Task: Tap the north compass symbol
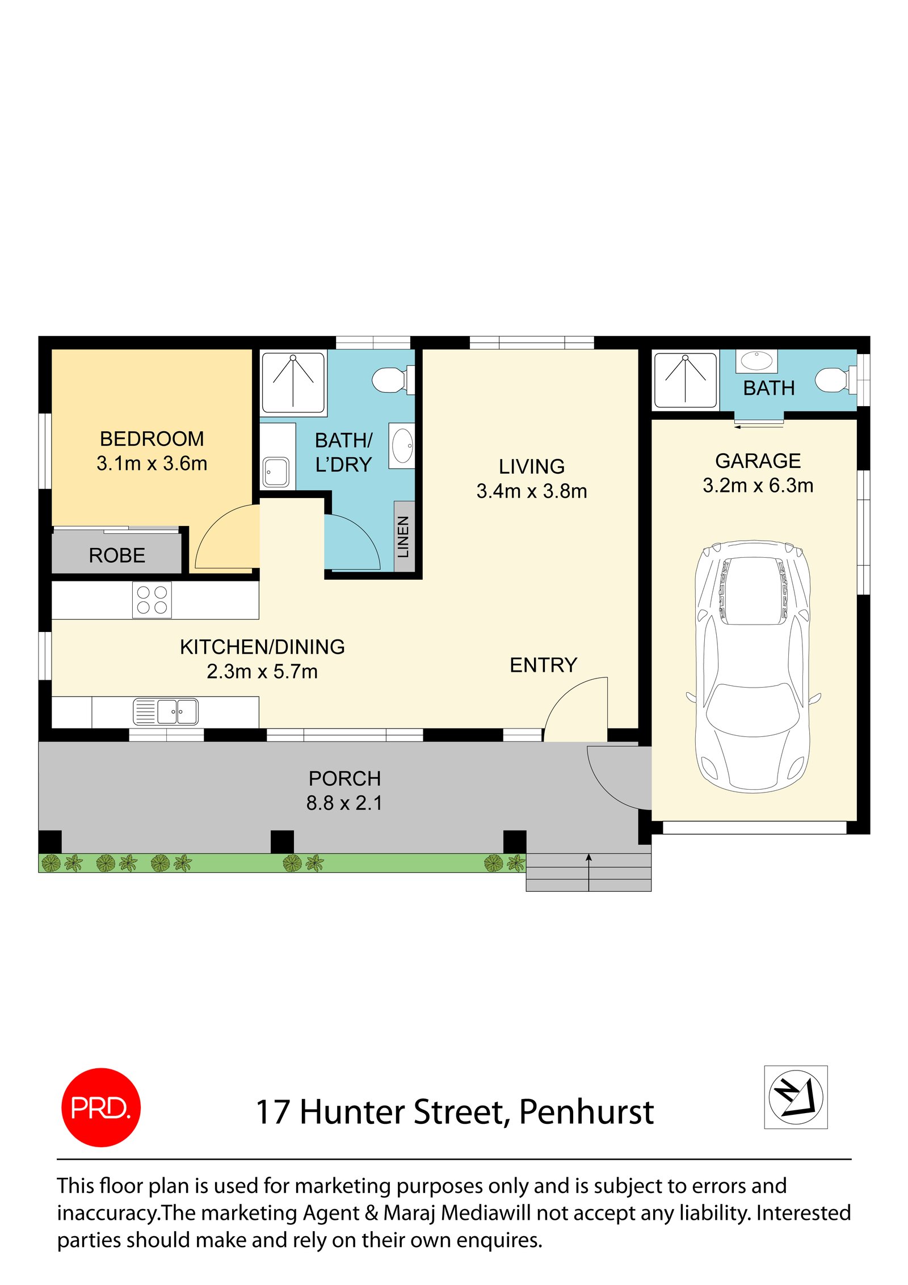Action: [x=795, y=1097]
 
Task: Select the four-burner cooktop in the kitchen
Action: [x=152, y=600]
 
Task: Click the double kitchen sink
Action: [x=166, y=711]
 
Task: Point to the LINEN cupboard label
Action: [x=403, y=537]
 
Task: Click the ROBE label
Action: [x=117, y=555]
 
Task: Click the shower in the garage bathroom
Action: [x=685, y=380]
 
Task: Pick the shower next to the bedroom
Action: [x=293, y=382]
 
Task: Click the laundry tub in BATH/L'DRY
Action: [x=276, y=471]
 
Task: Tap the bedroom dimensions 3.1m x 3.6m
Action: [x=152, y=464]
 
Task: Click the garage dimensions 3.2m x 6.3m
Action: [x=758, y=486]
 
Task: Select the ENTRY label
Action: [x=543, y=665]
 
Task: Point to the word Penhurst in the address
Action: [x=586, y=1112]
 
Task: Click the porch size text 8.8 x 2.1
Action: [x=344, y=803]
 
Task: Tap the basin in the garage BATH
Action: [x=756, y=360]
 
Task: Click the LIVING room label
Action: [x=532, y=466]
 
